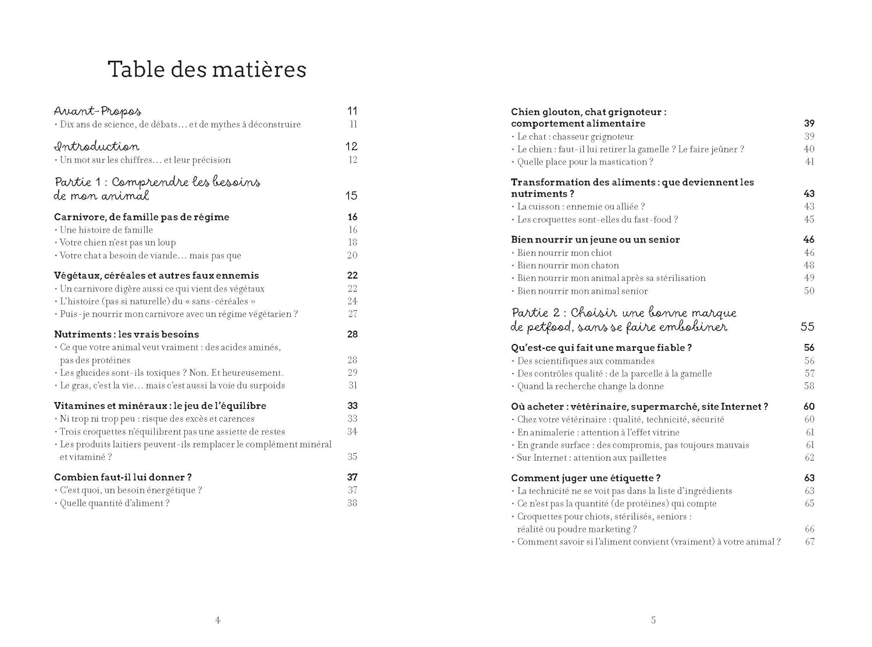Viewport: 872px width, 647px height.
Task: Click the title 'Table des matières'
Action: tap(207, 70)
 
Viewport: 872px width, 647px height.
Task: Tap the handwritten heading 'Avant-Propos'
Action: tap(98, 111)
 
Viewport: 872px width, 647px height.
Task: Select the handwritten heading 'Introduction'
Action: tap(97, 147)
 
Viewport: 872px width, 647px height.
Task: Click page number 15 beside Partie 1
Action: tap(351, 196)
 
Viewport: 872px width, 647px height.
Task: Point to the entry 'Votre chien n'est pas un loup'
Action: tap(117, 243)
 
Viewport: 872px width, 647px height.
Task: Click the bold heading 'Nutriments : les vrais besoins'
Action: tap(126, 335)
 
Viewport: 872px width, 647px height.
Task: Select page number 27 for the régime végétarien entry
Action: tap(352, 314)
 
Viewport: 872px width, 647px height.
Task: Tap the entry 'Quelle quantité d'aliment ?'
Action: tap(115, 503)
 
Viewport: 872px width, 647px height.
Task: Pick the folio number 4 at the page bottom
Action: tap(218, 620)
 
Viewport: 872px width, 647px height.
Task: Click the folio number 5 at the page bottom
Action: tap(653, 620)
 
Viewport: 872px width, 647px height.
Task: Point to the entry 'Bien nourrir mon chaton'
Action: tap(568, 266)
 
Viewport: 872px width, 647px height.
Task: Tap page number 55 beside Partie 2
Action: tap(807, 327)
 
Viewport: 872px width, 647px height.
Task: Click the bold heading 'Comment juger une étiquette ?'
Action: tap(585, 478)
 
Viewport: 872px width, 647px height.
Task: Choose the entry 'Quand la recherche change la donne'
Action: tap(590, 386)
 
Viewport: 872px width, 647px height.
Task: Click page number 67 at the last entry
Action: tap(809, 542)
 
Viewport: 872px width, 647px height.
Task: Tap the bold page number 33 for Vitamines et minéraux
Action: tap(352, 406)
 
